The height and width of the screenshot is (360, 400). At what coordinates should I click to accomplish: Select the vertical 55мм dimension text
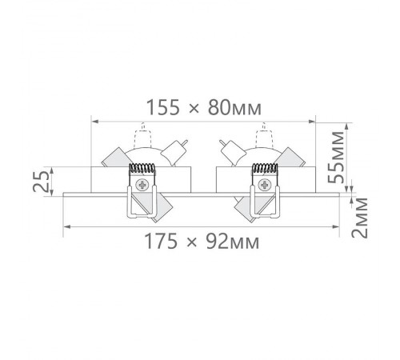[339, 158]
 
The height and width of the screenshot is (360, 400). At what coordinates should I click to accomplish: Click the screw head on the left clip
[143, 186]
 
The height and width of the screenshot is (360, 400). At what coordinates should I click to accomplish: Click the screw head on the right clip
[263, 186]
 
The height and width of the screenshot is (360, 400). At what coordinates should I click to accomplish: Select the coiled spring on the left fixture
[142, 170]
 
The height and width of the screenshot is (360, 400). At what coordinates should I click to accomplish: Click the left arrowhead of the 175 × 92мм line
[66, 226]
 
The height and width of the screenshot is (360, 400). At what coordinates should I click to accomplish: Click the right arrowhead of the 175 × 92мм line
[338, 226]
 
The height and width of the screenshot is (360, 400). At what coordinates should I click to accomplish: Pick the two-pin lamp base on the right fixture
[227, 150]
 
